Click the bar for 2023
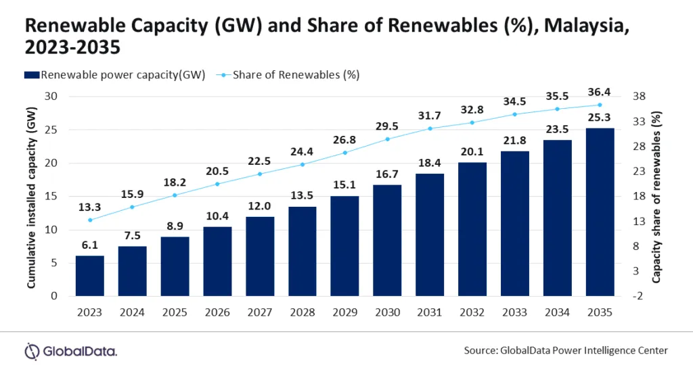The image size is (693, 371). point(89,276)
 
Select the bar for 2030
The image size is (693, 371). point(387,241)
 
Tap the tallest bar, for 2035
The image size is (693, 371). point(600,212)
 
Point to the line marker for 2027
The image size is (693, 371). point(260,174)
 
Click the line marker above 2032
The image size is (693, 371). point(472,122)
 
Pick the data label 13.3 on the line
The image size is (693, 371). point(89,206)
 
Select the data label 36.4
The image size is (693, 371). point(600,91)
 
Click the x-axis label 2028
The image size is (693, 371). point(303,312)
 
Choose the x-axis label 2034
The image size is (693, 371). point(557,312)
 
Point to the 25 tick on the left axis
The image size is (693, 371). point(59,130)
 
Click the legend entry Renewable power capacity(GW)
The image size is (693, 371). point(116,74)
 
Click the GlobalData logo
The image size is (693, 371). point(71,351)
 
